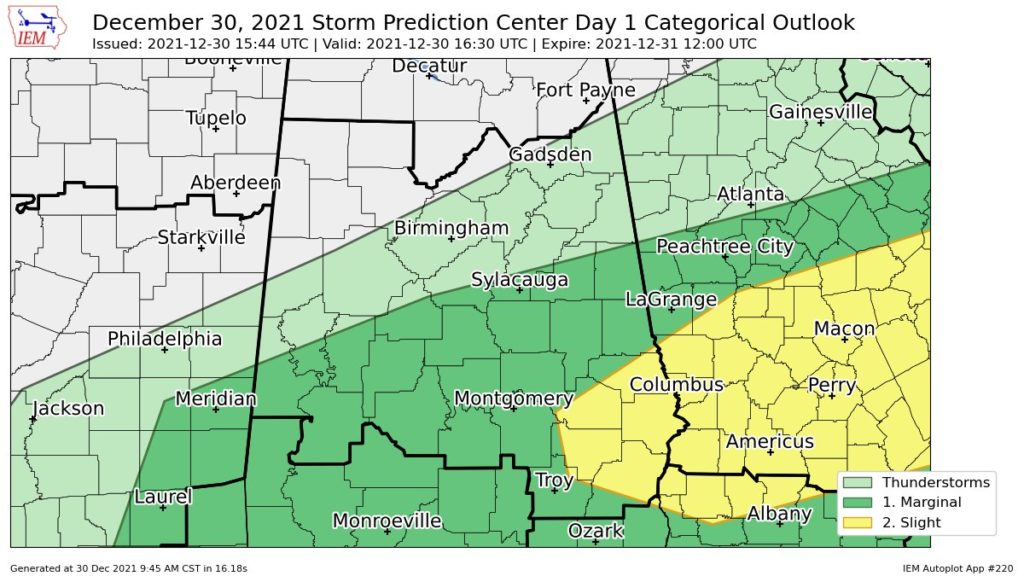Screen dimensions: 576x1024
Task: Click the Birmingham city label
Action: tap(451, 228)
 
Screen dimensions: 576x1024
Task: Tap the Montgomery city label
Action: tap(513, 399)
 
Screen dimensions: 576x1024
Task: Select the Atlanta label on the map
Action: tap(750, 193)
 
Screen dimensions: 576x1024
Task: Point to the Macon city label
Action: tap(844, 328)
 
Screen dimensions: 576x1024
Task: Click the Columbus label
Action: tap(676, 385)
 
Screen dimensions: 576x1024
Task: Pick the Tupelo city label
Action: tap(216, 118)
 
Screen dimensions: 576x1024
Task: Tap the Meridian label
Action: tap(215, 399)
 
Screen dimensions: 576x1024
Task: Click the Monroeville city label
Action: tap(386, 521)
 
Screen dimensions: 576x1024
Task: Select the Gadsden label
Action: tap(550, 154)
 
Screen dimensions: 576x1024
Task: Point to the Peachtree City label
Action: tap(724, 246)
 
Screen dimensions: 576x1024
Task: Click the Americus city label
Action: tap(769, 441)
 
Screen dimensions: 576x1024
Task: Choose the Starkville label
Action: tap(201, 237)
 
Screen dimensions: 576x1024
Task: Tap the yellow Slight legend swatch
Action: tap(858, 522)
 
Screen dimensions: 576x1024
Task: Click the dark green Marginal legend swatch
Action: tap(858, 502)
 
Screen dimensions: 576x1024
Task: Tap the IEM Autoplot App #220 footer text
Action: tap(957, 567)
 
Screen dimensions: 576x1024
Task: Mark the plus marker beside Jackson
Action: tap(33, 419)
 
